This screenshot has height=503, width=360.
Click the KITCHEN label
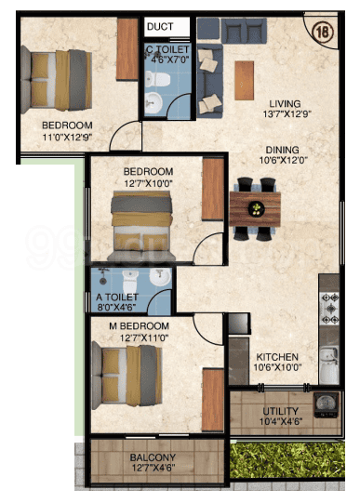pyautogui.click(x=277, y=357)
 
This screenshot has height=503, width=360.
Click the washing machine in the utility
pyautogui.click(x=327, y=405)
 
